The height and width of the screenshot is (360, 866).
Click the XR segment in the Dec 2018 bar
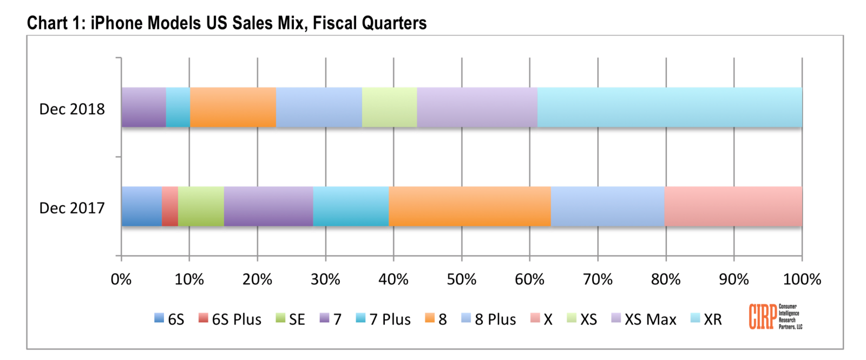coord(670,107)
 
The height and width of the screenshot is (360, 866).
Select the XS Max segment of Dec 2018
coord(477,107)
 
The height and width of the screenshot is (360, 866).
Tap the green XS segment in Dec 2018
coord(389,107)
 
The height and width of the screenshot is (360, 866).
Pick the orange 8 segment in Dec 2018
coord(233,107)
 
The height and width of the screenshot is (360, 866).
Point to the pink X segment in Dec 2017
coord(733,206)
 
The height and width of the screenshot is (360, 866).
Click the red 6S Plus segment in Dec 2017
coord(170,206)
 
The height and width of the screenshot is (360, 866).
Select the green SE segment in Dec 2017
coord(201,206)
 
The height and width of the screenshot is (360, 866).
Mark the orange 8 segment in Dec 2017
coord(469,206)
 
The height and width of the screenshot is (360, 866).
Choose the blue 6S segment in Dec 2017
coord(142,206)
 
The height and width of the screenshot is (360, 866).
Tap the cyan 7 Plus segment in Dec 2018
coord(178,107)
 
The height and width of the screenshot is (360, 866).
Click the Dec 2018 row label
coord(72,109)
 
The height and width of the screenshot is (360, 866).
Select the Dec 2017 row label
coord(72,208)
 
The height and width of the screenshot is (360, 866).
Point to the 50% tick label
coord(461,279)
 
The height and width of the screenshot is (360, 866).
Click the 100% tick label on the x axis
coord(802,279)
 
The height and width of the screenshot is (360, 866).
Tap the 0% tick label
coord(121,279)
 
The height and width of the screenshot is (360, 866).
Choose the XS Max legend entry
coord(644,319)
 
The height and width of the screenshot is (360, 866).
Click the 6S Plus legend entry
coord(230,319)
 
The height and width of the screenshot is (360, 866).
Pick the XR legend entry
coord(707,319)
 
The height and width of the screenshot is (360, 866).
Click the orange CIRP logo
coord(763,317)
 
